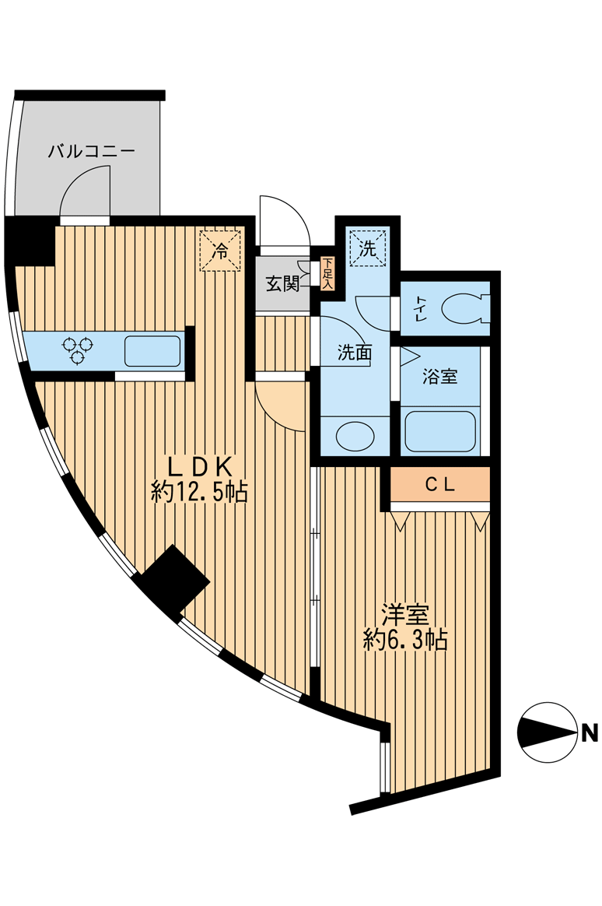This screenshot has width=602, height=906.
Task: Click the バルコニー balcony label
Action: coord(92,151)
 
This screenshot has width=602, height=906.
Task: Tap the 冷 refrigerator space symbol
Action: coord(221,251)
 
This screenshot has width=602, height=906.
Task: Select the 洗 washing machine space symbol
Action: coord(367,248)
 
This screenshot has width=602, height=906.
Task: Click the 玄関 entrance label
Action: coord(283,284)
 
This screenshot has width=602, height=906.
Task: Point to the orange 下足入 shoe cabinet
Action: coord(327,273)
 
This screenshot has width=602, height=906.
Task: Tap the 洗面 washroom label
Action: coord(354,353)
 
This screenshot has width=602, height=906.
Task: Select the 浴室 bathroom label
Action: coord(439,377)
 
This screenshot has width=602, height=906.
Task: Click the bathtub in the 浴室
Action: coord(440,431)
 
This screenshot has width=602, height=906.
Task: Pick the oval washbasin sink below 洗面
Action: coord(355,436)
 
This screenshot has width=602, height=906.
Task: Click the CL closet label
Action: coord(439,485)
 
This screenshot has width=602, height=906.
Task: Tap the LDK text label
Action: coord(201,466)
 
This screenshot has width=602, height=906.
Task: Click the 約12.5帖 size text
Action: coord(200,492)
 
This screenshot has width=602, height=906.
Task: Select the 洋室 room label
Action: coord(404,615)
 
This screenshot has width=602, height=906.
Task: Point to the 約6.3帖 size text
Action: coord(405,641)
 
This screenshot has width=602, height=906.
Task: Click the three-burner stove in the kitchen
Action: coord(78,349)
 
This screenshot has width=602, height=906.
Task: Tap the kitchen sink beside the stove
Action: coord(152,351)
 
